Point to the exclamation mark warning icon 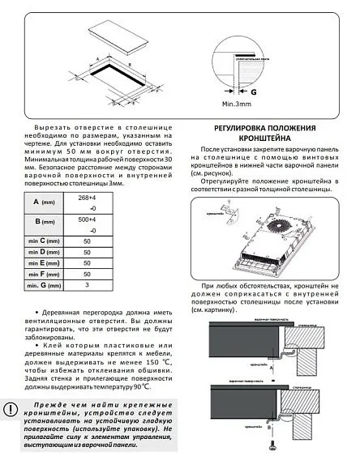pyautogui.click(x=11, y=409)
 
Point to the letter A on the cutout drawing pyautogui.click(x=96, y=59)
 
